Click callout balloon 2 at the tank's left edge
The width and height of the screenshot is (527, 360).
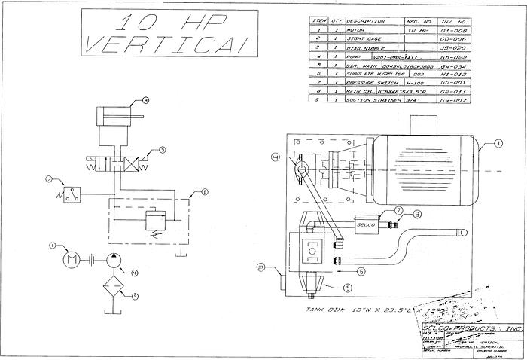tap(262, 266)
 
